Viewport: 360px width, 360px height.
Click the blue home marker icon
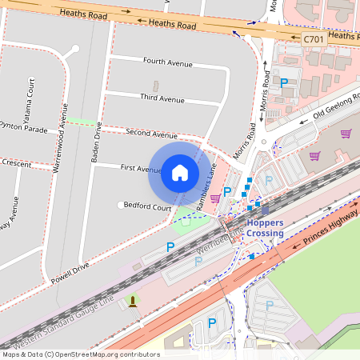pyautogui.click(x=180, y=172)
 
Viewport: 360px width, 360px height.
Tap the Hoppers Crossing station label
pyautogui.click(x=264, y=228)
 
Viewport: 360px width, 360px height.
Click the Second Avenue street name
pyautogui.click(x=151, y=134)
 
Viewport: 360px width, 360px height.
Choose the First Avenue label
pyautogui.click(x=141, y=169)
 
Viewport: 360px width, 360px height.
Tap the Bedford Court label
pyautogui.click(x=148, y=207)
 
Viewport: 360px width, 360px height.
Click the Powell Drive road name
pyautogui.click(x=70, y=271)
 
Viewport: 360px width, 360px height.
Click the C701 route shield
pyautogui.click(x=314, y=38)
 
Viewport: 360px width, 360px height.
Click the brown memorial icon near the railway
pyautogui.click(x=131, y=301)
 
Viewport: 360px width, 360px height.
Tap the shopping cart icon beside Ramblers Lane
pyautogui.click(x=193, y=198)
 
